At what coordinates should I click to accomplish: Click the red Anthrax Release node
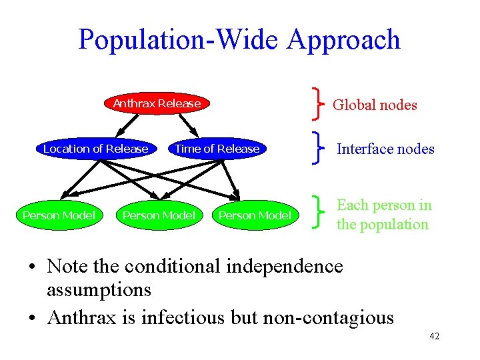tap(157, 103)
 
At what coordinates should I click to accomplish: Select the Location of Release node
tap(95, 149)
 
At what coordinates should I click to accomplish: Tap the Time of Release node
tap(217, 149)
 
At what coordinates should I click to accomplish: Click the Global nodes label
tap(375, 105)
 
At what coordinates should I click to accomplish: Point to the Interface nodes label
tap(385, 149)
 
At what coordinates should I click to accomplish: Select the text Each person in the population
tap(383, 215)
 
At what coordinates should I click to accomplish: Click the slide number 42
tap(434, 337)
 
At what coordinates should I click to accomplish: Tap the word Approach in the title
tap(344, 40)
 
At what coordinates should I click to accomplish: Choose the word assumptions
tap(99, 291)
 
